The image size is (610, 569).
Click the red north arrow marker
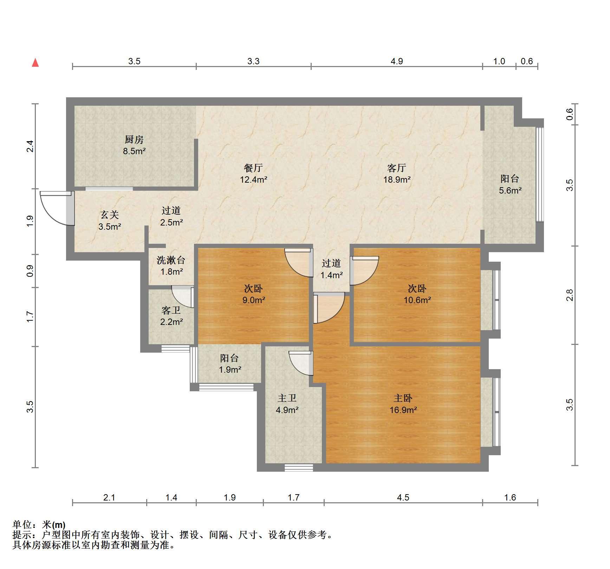point(35,63)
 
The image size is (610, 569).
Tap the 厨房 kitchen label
point(134,140)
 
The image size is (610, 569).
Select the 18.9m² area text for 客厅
point(397,180)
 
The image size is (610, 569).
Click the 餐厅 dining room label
point(253,168)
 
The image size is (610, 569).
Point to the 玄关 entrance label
point(110,215)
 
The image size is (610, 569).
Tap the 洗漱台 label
point(171,260)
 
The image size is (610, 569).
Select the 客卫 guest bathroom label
point(171,310)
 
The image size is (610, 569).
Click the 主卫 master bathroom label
point(287,398)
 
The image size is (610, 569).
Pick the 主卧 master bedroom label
point(403,398)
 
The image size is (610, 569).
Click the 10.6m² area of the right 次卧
point(417,300)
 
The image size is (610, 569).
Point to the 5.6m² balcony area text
point(510,191)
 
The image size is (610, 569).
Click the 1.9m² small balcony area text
point(230,370)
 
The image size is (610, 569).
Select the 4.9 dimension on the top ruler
point(397,61)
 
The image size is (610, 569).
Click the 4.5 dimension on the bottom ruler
point(403,497)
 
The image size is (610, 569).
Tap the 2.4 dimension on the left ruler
point(31,146)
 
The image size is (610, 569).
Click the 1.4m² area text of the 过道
point(332,275)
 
